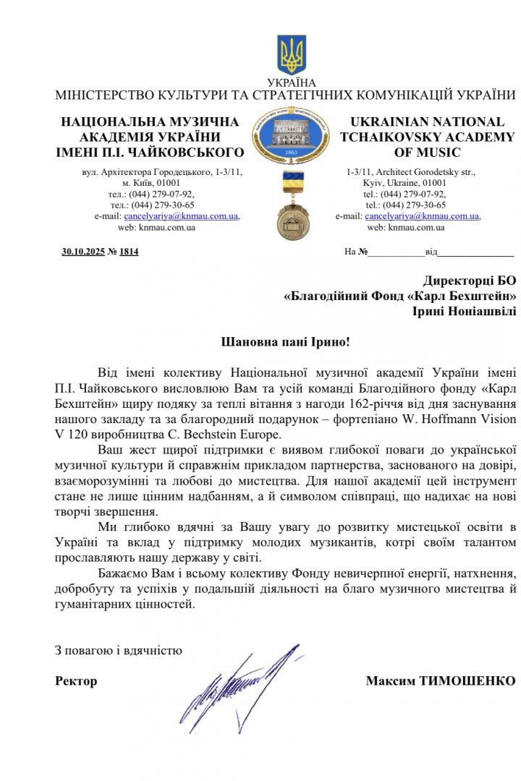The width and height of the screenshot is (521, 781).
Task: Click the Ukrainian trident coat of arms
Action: point(292,54)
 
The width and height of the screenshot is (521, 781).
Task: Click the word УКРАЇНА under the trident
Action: point(292,82)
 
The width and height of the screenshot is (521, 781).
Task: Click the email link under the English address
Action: point(423,215)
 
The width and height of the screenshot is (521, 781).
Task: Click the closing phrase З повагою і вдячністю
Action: point(119,649)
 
